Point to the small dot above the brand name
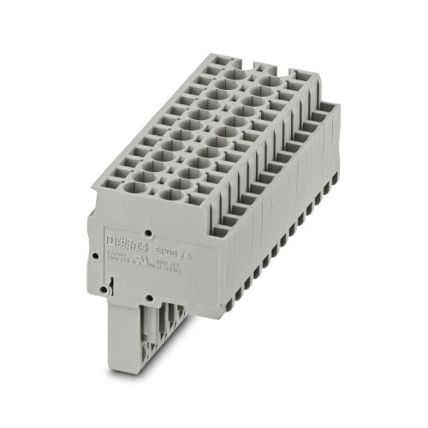pyautogui.click(x=149, y=231)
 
